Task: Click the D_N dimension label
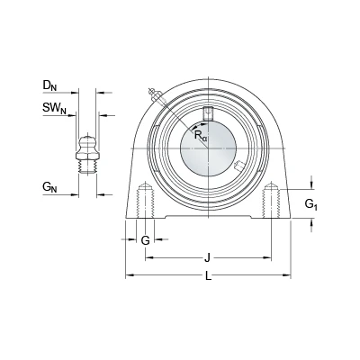coord(49,85)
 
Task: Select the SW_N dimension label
coord(54,108)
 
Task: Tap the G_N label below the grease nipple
coord(49,187)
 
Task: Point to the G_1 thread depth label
coord(311,204)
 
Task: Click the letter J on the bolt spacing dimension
coord(207,257)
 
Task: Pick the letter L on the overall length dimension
coord(208,275)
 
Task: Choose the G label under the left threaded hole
coord(145,240)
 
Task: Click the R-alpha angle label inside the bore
coord(200,135)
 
